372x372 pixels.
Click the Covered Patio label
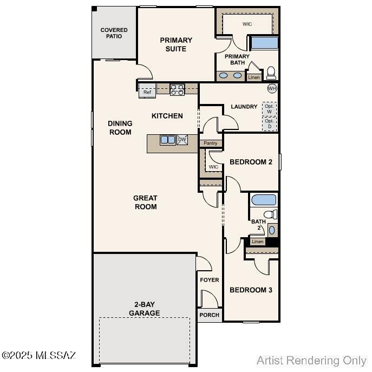(x=114, y=33)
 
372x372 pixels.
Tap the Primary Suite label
(x=176, y=44)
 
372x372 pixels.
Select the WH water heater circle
(x=272, y=88)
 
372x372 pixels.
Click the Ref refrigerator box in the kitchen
(x=147, y=92)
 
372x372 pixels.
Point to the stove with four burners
(x=177, y=90)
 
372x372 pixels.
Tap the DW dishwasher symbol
(x=182, y=140)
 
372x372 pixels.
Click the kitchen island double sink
(x=168, y=140)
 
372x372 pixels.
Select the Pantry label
(x=211, y=143)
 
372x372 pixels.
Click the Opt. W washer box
(x=269, y=108)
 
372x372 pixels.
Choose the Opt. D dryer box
(x=269, y=124)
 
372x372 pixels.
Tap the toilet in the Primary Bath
(x=271, y=73)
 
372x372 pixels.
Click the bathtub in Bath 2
(x=264, y=199)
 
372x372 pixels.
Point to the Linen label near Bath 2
(x=258, y=242)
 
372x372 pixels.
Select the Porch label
(x=210, y=315)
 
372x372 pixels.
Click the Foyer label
(x=210, y=280)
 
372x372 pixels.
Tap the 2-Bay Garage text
(x=144, y=309)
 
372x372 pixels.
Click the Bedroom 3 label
(x=251, y=290)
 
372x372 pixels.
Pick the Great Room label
(x=145, y=202)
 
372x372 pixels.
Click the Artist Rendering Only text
(x=311, y=360)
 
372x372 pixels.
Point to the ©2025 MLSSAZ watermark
(x=39, y=356)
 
